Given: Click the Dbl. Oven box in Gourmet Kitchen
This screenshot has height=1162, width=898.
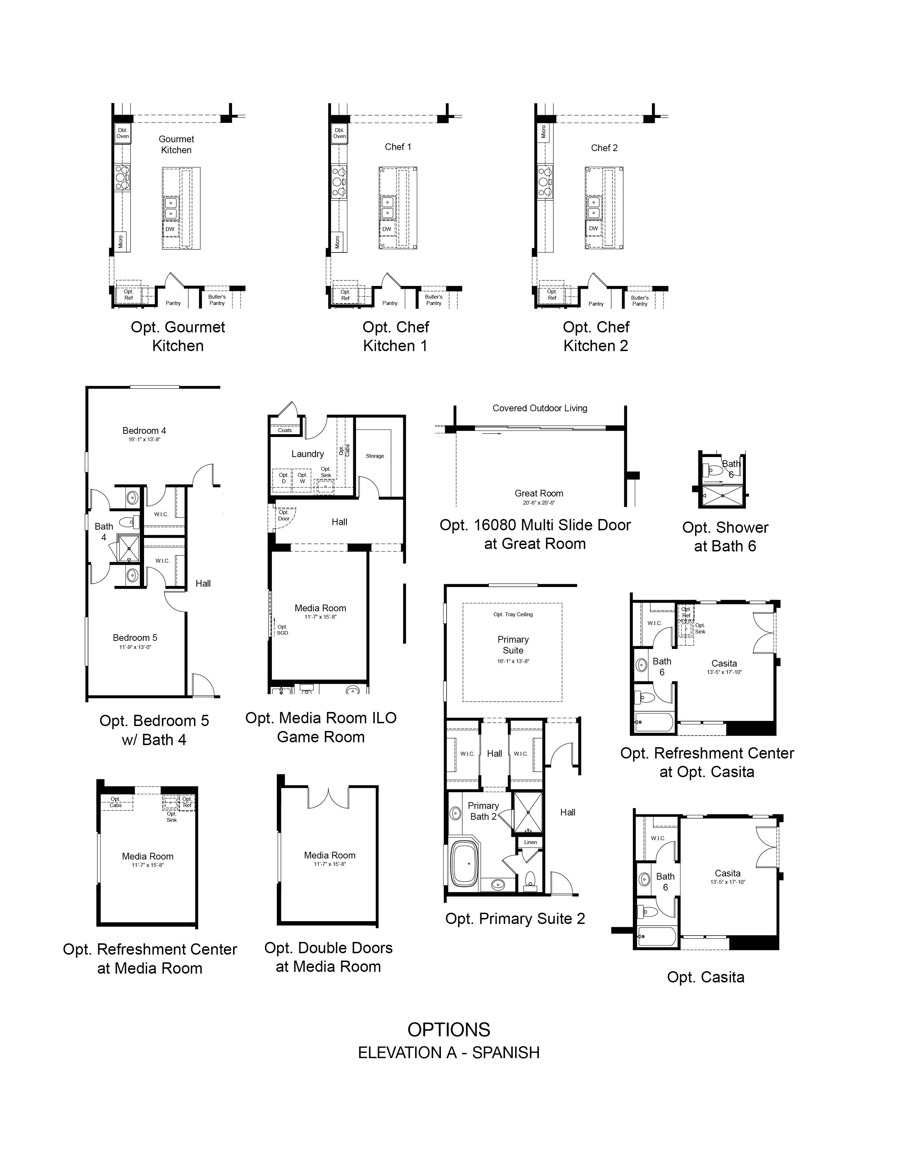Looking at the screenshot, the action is [x=123, y=133].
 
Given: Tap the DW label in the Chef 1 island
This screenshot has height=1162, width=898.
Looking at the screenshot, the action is [x=387, y=229].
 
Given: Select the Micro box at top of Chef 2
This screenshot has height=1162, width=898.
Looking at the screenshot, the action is [x=544, y=131].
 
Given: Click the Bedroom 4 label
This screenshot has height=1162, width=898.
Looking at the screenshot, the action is [x=144, y=430].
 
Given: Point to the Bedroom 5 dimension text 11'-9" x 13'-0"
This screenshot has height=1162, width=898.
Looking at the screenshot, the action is [x=136, y=647].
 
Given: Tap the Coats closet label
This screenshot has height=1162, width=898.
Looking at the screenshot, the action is [x=285, y=430].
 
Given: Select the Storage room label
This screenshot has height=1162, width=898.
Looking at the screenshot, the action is [x=375, y=456].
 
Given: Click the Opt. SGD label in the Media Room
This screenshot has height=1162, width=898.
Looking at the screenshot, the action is [x=282, y=630].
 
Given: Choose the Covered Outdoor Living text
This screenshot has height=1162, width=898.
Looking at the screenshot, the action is [x=540, y=408].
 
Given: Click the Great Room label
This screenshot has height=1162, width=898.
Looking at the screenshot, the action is [x=539, y=493].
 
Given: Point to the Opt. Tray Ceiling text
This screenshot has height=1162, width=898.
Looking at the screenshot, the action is [x=513, y=614].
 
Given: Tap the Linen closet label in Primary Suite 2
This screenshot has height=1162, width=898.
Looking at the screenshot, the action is [x=530, y=842].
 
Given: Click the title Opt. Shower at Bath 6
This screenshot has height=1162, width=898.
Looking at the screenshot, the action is [x=725, y=537].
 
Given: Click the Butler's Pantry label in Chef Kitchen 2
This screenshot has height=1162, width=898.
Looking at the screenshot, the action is [x=640, y=301].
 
